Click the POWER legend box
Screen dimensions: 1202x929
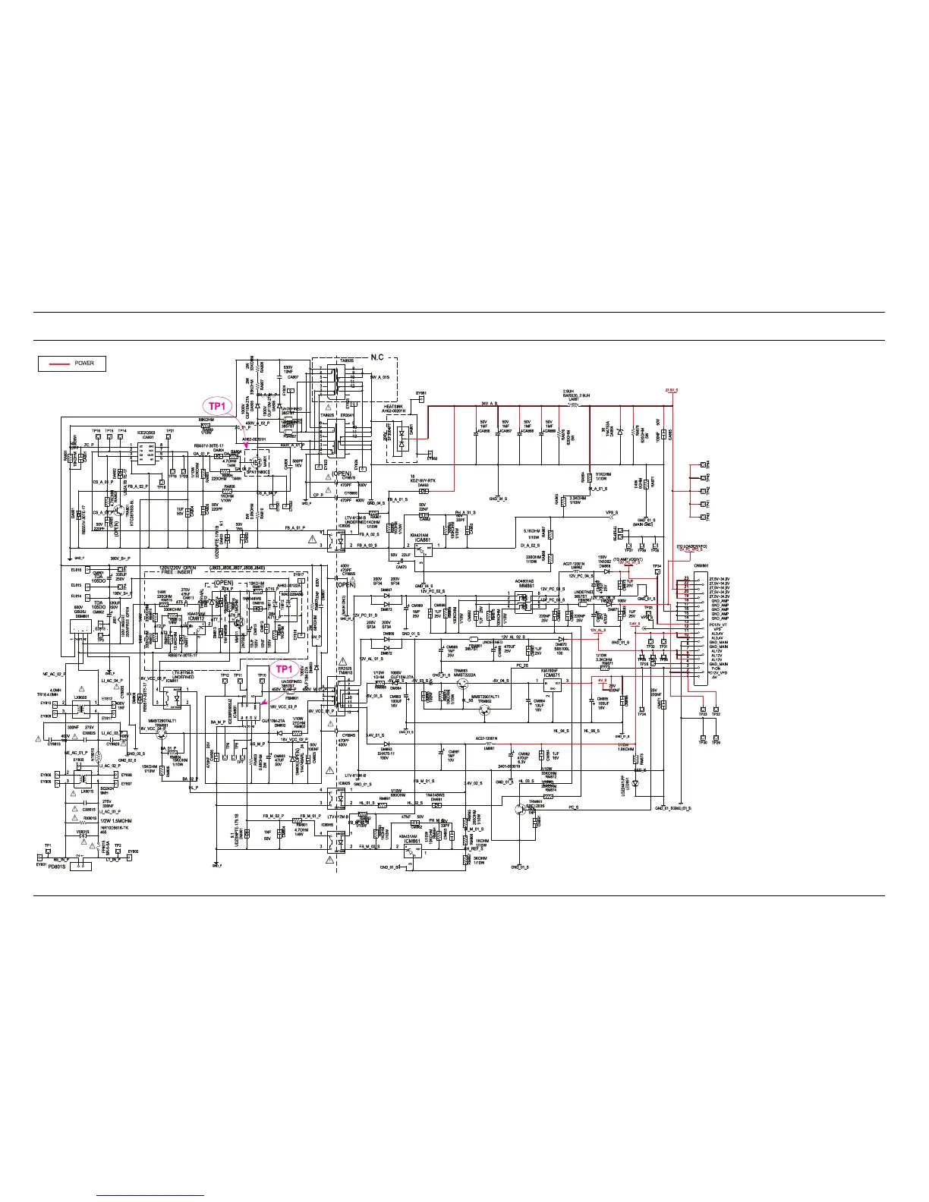[x=72, y=363]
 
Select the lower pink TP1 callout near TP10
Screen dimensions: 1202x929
[x=284, y=669]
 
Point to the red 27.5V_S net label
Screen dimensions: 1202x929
[x=672, y=391]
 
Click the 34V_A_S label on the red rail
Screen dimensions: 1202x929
[x=489, y=404]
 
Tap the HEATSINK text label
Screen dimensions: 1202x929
[x=394, y=407]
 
